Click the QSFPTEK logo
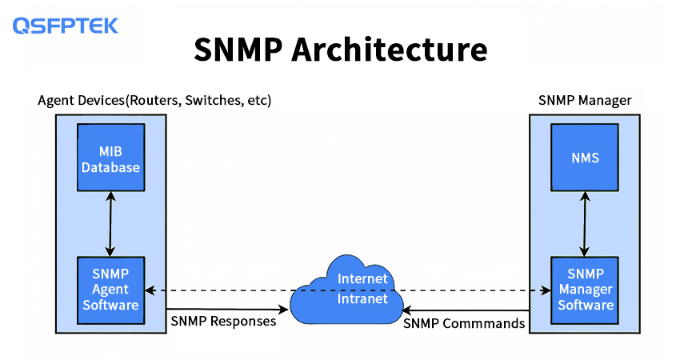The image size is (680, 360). (x=66, y=26)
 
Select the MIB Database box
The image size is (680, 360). (x=110, y=157)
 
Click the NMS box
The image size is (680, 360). (x=585, y=157)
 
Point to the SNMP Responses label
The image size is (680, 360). (x=223, y=322)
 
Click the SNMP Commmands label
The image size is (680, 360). (x=464, y=323)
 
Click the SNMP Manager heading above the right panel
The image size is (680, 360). (x=585, y=101)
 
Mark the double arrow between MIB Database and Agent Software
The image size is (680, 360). (x=110, y=223)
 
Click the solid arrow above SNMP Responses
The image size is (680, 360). (x=227, y=309)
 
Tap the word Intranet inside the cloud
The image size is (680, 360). (x=363, y=299)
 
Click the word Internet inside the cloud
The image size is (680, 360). (x=363, y=279)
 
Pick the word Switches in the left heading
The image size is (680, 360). (x=213, y=101)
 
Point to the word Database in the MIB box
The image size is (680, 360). (x=110, y=168)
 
